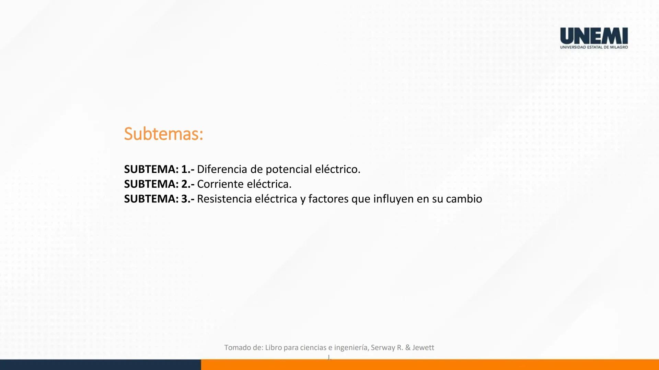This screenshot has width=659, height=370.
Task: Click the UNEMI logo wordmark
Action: point(594,36)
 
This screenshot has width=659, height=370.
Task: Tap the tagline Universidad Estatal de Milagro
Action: point(594,47)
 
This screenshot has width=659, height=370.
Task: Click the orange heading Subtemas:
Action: point(163,134)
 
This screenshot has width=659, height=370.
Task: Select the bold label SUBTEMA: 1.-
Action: point(159,169)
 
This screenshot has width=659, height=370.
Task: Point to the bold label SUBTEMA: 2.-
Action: point(159,184)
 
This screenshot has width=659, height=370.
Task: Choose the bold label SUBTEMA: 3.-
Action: point(159,199)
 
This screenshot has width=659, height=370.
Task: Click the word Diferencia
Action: point(222,169)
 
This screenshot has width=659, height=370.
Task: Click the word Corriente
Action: point(220,184)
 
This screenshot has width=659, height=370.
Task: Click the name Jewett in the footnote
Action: point(423,347)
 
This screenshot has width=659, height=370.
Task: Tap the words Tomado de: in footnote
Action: point(243,347)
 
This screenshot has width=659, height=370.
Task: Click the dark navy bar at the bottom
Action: point(100,365)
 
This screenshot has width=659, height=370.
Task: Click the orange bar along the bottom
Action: point(429,365)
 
